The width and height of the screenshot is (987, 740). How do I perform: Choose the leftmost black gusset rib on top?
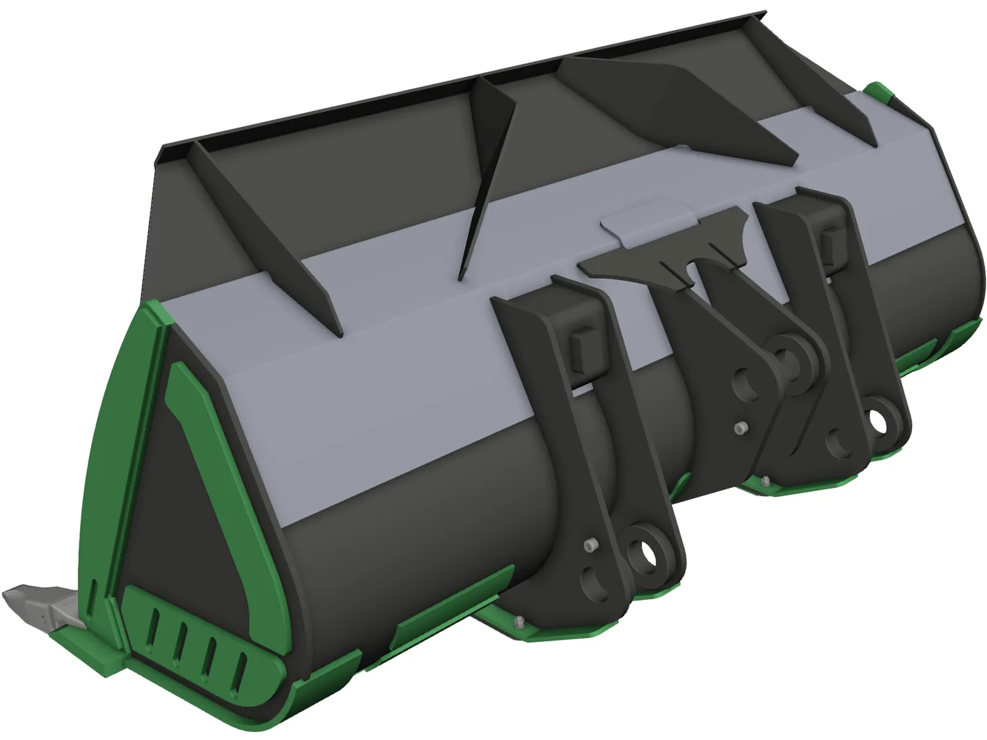[x=271, y=234]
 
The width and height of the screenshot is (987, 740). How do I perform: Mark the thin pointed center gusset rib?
[x=487, y=173]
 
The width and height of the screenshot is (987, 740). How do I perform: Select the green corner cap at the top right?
[x=881, y=93]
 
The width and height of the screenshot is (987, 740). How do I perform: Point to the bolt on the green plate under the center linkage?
[x=766, y=481]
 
